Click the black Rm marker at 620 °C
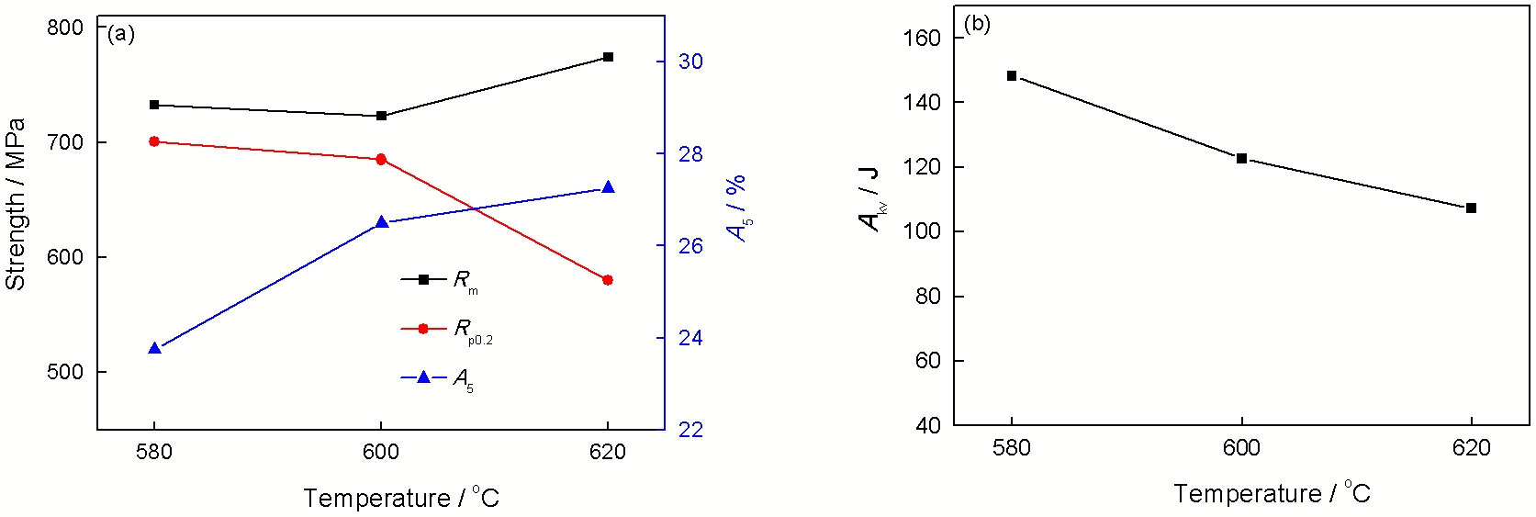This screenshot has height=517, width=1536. (608, 57)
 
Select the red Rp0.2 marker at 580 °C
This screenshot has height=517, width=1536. (154, 141)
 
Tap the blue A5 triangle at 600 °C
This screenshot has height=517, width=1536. (381, 222)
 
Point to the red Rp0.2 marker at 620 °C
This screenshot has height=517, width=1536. (607, 280)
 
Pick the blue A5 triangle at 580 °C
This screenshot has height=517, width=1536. (154, 349)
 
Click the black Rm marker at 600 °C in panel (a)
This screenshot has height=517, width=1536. (381, 116)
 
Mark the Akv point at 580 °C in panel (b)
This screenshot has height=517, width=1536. (1012, 76)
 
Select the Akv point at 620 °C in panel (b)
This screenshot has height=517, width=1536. (1471, 208)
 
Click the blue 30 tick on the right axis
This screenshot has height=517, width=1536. (690, 62)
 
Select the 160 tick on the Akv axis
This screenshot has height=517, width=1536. (923, 38)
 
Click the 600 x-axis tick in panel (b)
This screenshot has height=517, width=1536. (1241, 448)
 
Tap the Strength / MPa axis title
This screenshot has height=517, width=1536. (15, 204)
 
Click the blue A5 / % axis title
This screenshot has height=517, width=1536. (737, 208)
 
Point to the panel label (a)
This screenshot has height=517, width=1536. (121, 35)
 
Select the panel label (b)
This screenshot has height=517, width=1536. (977, 24)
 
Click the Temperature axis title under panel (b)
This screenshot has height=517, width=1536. (1272, 494)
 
